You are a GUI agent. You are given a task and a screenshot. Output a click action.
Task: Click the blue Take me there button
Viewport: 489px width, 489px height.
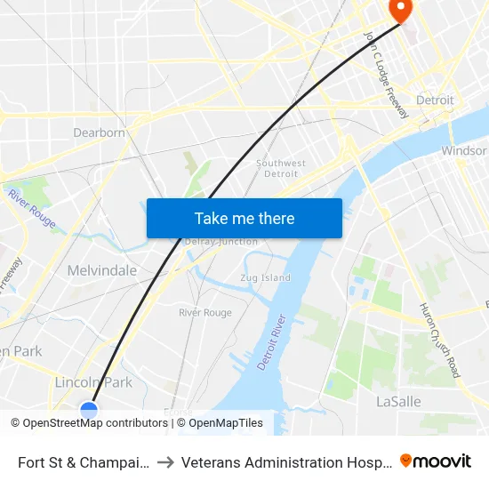[x=244, y=218]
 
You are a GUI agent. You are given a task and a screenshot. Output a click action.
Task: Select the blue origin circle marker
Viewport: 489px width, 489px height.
[x=89, y=410]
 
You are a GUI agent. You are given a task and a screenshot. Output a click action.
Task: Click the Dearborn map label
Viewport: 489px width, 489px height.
[x=99, y=132]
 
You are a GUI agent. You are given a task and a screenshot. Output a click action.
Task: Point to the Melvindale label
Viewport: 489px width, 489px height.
[x=102, y=270]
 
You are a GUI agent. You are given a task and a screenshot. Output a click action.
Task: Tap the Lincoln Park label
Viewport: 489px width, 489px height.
[x=93, y=382]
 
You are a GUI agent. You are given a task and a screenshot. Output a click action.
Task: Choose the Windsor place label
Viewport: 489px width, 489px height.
[x=464, y=151]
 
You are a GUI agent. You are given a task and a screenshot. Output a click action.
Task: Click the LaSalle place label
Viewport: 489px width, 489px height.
[x=397, y=401]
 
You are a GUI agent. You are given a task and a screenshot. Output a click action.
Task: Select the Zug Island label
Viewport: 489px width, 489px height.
[x=265, y=277]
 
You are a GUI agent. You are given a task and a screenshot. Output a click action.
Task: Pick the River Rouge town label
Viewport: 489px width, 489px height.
[x=205, y=313]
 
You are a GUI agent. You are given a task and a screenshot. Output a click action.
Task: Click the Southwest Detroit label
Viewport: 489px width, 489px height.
[x=281, y=168]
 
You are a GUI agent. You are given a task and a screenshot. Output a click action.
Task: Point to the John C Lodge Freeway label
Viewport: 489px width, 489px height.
[x=386, y=74]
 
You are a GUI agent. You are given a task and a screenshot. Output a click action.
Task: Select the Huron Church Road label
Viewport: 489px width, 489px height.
[x=439, y=340]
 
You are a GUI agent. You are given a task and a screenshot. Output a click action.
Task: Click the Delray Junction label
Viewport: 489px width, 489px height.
[x=220, y=242]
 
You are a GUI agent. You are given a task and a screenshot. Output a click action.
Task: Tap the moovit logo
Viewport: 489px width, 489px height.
[x=435, y=461]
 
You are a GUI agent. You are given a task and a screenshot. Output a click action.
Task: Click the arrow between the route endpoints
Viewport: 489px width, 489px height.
[x=165, y=462]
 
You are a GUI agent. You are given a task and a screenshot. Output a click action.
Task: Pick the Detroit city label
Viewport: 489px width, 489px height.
[x=435, y=100]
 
